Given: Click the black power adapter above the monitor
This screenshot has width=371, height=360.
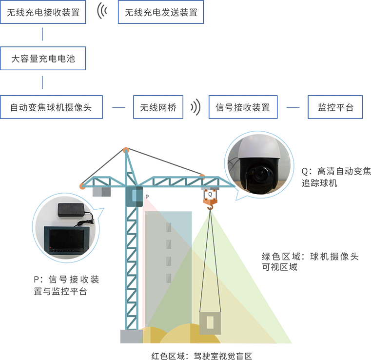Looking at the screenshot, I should [x=70, y=210].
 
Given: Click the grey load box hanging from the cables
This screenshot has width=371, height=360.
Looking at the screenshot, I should [x=210, y=323].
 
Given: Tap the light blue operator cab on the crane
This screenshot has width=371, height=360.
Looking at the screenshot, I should [x=134, y=195].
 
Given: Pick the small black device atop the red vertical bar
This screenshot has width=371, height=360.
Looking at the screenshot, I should [x=150, y=195].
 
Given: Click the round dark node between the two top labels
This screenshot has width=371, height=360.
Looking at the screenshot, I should [x=101, y=13].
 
